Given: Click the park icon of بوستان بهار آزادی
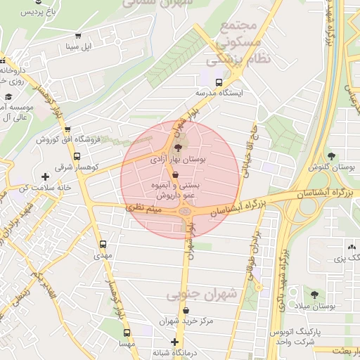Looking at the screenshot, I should (176, 148).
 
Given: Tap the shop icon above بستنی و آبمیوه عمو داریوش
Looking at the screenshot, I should (175, 174).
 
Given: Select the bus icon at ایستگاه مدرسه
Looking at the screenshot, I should (218, 82).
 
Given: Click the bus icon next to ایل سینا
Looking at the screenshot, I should (77, 36).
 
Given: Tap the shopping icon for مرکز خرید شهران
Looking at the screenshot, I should (186, 310).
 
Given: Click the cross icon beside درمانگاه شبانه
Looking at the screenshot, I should (175, 342).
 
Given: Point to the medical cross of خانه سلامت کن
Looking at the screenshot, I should (46, 176).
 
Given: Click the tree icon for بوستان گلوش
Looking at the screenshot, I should (331, 155).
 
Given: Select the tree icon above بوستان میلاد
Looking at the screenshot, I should (314, 293).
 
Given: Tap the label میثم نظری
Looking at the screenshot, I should (143, 209).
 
